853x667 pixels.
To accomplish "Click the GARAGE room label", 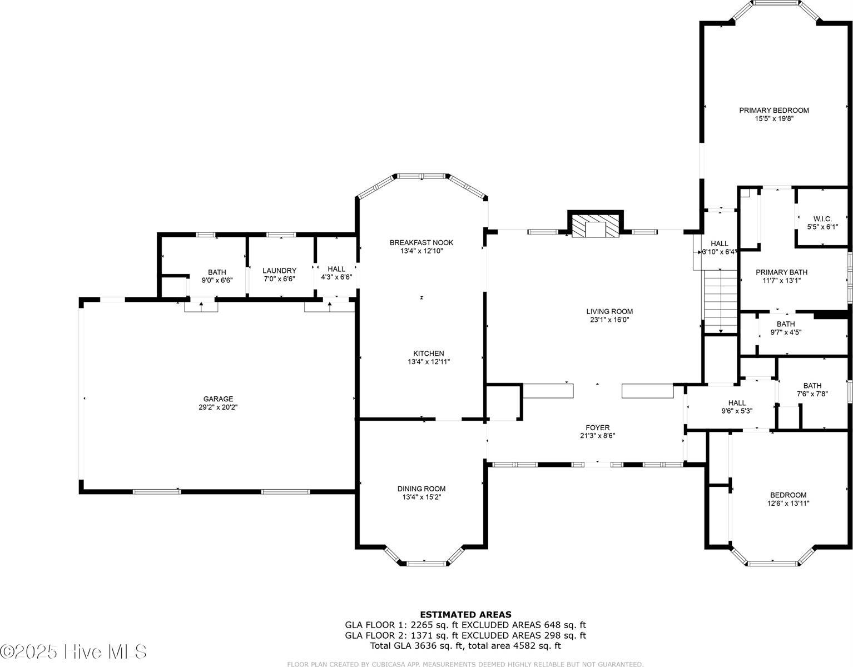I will tap(218, 399).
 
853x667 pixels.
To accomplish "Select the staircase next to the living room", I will tap(721, 301).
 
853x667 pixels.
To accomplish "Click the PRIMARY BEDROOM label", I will tap(773, 110).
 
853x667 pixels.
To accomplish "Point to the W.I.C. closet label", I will tap(822, 218).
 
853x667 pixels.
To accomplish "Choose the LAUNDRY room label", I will tap(279, 271).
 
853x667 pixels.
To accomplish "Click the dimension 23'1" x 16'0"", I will tap(609, 320).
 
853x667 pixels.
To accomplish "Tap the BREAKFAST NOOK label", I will tap(421, 242).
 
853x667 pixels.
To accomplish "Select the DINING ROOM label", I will tap(421, 489).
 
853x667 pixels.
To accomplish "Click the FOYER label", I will tap(597, 427).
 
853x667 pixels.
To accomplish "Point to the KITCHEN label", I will tap(428, 354).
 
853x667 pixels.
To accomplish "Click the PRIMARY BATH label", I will tap(781, 272).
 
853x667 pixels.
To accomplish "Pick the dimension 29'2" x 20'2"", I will tap(218, 407).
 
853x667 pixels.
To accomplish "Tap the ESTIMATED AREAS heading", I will tap(465, 614).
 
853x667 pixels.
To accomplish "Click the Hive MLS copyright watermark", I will tap(73, 651).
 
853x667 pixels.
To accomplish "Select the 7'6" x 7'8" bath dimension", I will tap(812, 394).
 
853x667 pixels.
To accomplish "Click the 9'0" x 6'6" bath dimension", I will tap(217, 280).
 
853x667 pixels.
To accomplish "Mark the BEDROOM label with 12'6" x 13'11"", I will tap(788, 495).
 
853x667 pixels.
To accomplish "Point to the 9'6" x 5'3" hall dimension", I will tap(737, 411).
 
